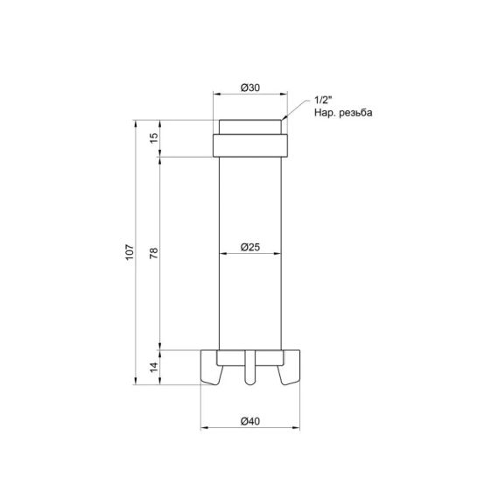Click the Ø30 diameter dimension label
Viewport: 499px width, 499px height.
point(249,88)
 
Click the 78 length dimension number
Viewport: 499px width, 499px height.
point(154,253)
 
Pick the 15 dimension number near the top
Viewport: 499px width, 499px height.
point(154,138)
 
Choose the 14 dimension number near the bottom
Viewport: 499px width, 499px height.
point(154,367)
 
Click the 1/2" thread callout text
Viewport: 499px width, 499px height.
point(322,101)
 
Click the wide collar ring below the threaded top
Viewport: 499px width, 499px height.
point(249,144)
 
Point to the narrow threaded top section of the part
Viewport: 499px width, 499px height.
point(249,125)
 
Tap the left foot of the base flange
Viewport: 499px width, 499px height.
point(212,368)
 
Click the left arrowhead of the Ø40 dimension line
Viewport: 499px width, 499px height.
point(205,428)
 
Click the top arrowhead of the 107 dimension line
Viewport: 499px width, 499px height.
point(137,123)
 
